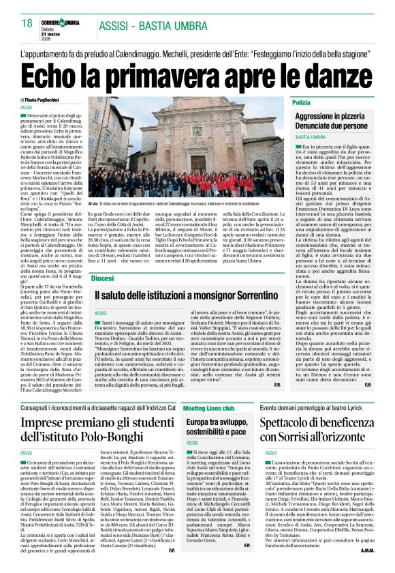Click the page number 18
pyautogui.click(x=27, y=23)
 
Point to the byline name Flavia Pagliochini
pyautogui.click(x=51, y=100)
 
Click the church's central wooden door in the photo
pyautogui.click(x=198, y=161)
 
